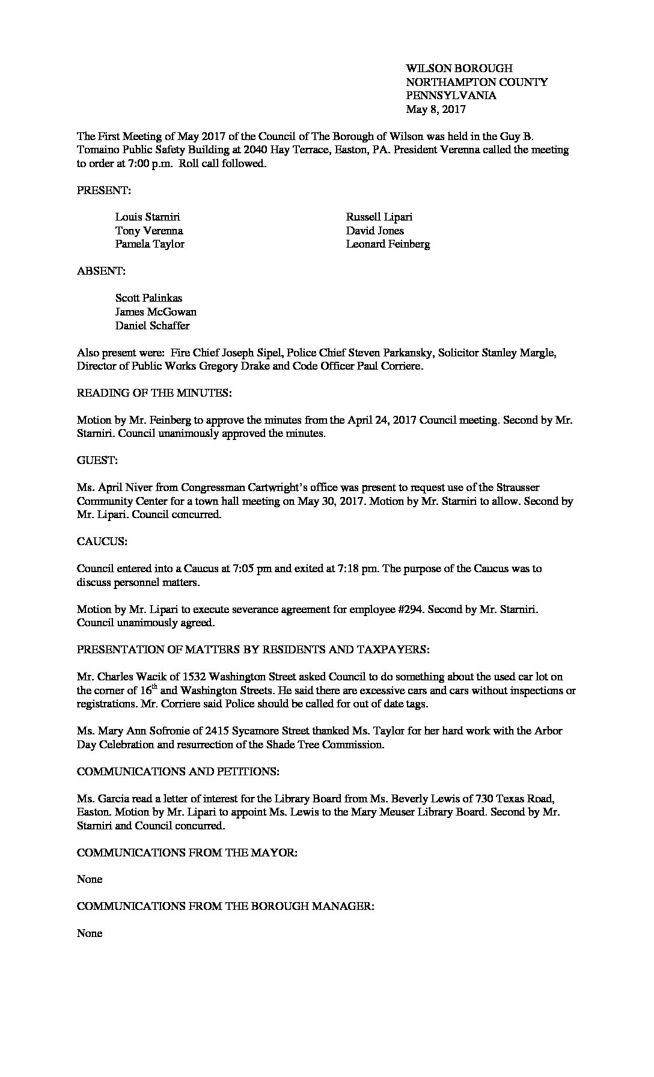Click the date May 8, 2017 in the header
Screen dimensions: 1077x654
point(436,109)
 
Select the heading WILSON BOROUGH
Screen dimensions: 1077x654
point(459,69)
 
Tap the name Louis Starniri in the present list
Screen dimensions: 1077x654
point(147,217)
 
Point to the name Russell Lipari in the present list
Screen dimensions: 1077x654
point(379,217)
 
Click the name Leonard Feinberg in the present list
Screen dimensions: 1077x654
point(388,244)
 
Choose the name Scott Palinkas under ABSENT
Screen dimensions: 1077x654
point(148,298)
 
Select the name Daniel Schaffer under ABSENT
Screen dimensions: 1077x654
point(152,326)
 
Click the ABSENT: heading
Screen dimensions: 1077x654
point(101,271)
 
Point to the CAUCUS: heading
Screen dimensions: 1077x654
point(102,542)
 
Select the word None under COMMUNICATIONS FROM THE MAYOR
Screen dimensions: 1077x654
point(90,879)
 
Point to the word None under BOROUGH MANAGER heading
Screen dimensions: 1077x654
point(90,933)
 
